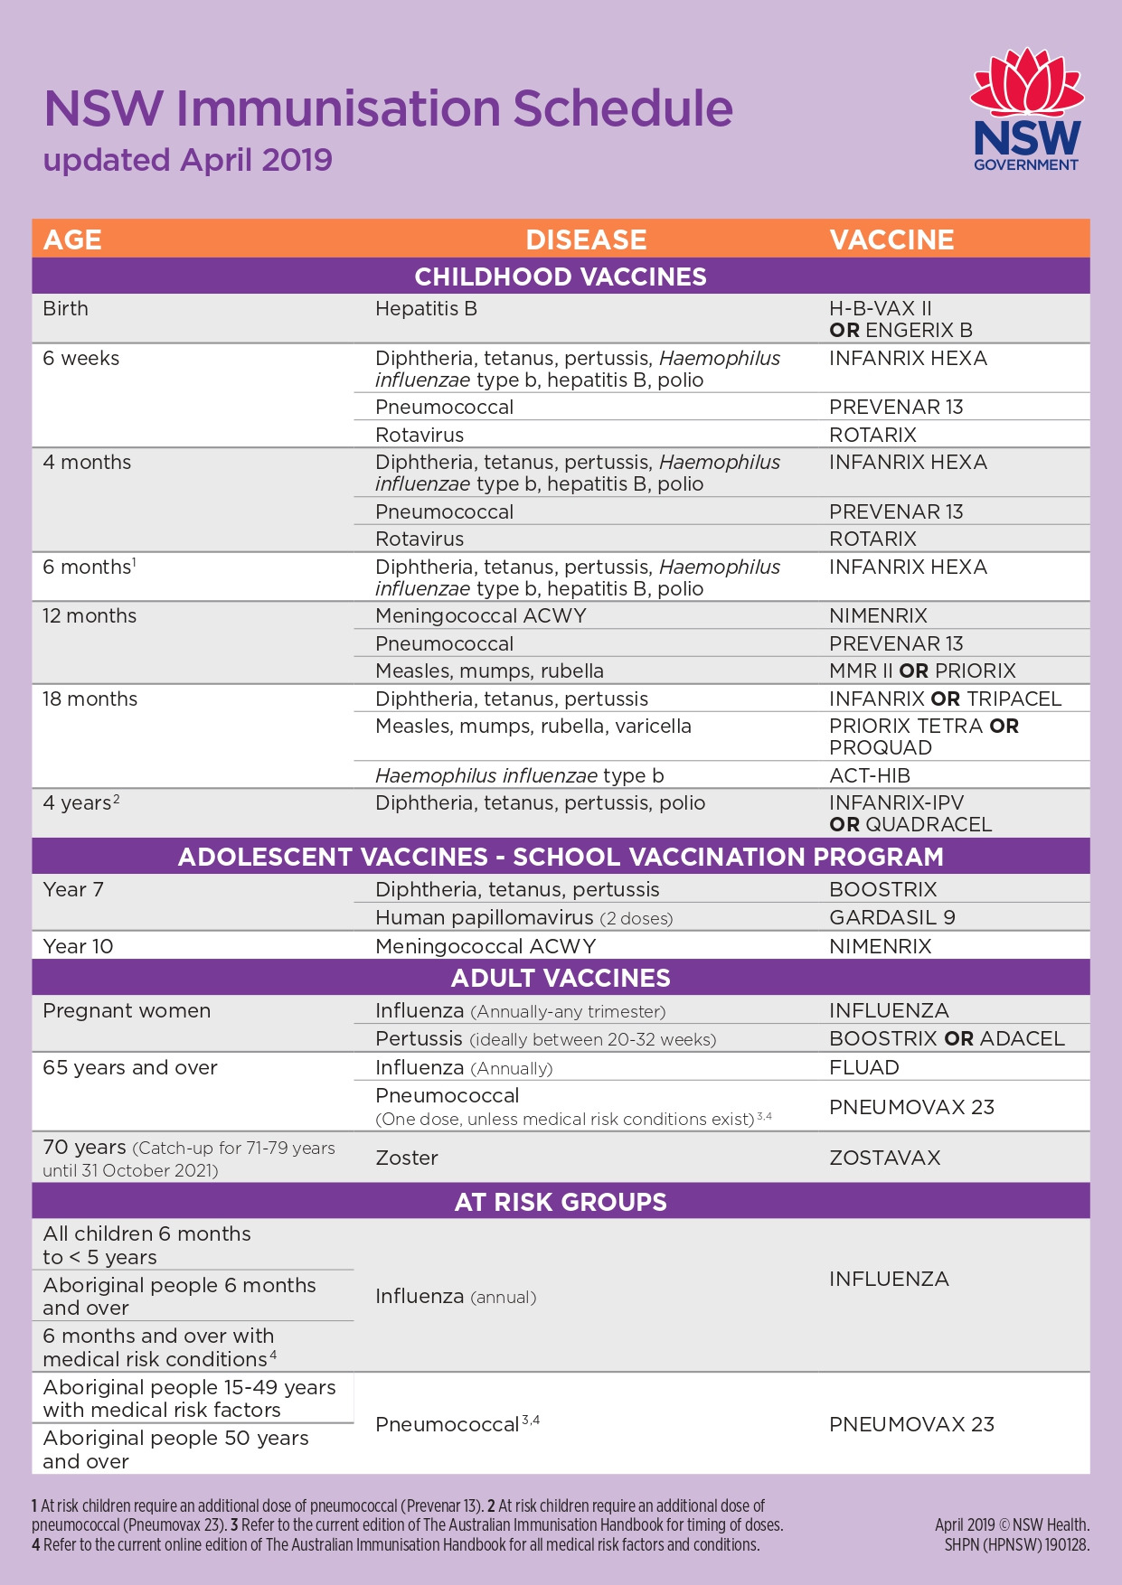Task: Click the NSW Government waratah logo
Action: [x=1026, y=109]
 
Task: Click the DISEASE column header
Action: [x=586, y=239]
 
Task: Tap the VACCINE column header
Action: [x=891, y=239]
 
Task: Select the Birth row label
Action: [x=66, y=309]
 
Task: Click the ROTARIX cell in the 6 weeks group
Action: [x=872, y=435]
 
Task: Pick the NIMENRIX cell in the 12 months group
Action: [x=878, y=616]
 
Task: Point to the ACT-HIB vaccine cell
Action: [x=869, y=775]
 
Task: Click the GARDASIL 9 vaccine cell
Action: [x=891, y=918]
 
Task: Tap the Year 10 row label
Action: [x=78, y=946]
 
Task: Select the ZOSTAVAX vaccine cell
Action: [x=884, y=1158]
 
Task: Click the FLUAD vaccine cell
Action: [x=863, y=1067]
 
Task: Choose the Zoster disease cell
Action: [x=407, y=1158]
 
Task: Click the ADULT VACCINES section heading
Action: [x=561, y=978]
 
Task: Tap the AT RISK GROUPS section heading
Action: [x=561, y=1202]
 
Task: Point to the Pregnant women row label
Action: [x=127, y=1011]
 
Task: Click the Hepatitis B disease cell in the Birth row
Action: [x=426, y=309]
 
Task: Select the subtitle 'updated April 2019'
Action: [x=188, y=160]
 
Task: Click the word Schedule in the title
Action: [x=623, y=108]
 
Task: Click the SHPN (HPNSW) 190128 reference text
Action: [x=1016, y=1545]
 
